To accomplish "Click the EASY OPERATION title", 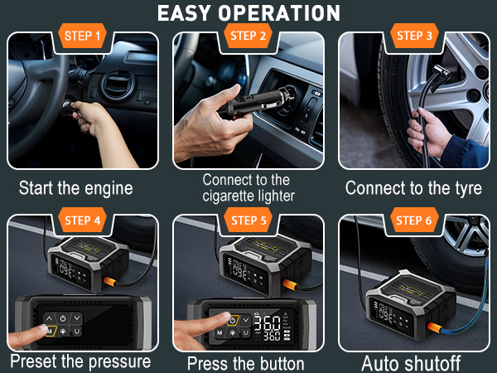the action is (248, 13).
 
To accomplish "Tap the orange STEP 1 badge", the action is (82, 36).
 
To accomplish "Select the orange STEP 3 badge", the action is (414, 36).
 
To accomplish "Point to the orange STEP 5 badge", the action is (248, 220).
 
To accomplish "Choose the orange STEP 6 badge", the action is (414, 220).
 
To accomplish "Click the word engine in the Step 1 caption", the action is (109, 189).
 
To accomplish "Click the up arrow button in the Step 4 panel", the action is (49, 318).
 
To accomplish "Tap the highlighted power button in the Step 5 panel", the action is (233, 320).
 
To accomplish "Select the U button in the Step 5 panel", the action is (246, 332).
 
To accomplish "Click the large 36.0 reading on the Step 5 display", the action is (268, 323).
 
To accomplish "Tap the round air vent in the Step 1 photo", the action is (118, 85).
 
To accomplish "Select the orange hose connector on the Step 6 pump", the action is (435, 327).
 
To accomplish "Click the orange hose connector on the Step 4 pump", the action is (110, 281).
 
